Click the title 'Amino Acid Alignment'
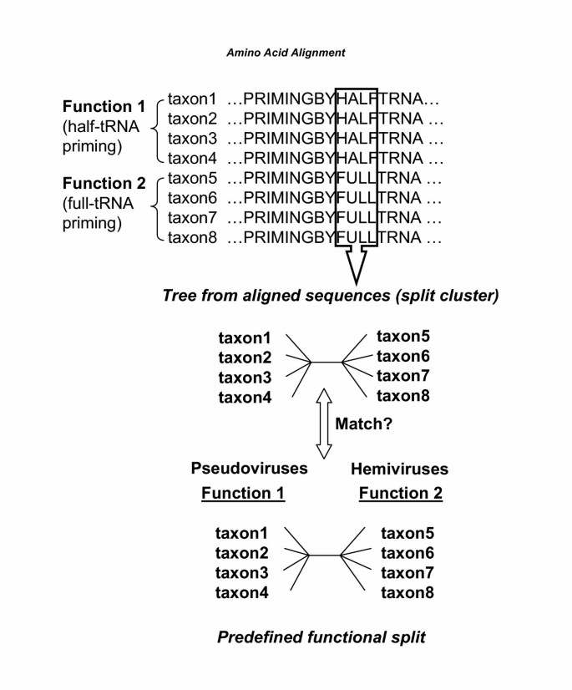(286, 52)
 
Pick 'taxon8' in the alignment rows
(192, 237)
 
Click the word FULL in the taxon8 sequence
(356, 237)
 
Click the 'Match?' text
(363, 424)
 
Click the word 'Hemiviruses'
(400, 469)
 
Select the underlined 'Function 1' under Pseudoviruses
(243, 494)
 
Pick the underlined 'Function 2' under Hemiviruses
(400, 494)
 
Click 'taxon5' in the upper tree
(404, 337)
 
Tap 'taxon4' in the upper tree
(245, 398)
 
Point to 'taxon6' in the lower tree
(407, 553)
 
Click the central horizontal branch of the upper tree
(327, 363)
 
